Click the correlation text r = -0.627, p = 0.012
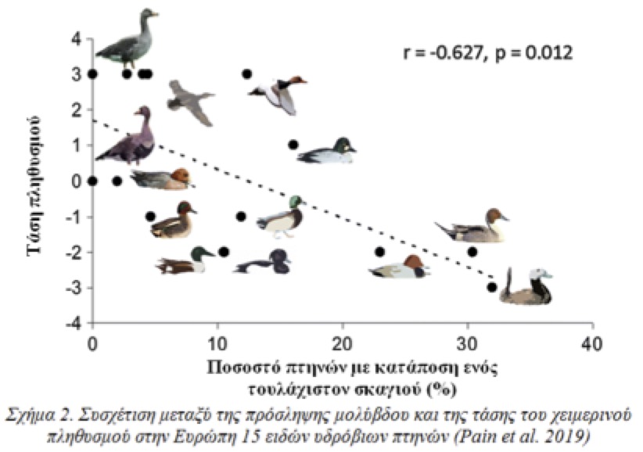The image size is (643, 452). [487, 53]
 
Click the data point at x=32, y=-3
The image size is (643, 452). [492, 287]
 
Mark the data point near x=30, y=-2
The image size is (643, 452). [472, 251]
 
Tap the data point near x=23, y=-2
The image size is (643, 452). [380, 251]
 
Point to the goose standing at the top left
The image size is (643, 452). [127, 39]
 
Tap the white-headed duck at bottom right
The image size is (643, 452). [526, 288]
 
